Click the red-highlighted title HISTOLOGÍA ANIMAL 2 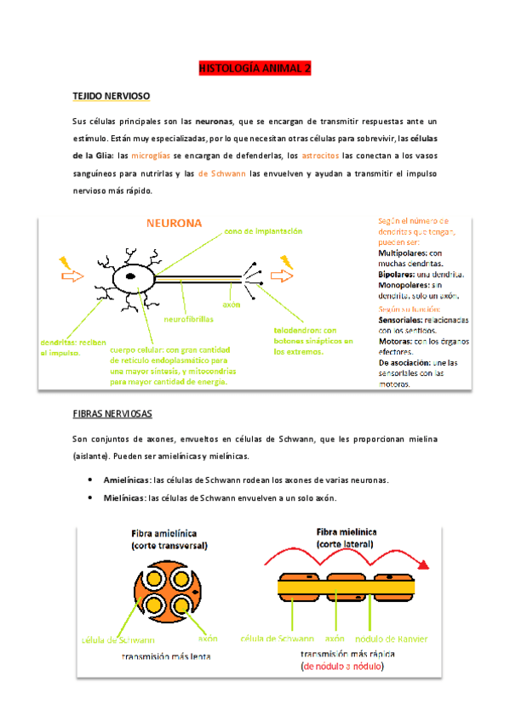255,67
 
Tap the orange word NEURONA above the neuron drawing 174,224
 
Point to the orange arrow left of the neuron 72,275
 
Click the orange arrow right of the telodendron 280,275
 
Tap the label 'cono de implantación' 263,231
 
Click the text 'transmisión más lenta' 166,657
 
